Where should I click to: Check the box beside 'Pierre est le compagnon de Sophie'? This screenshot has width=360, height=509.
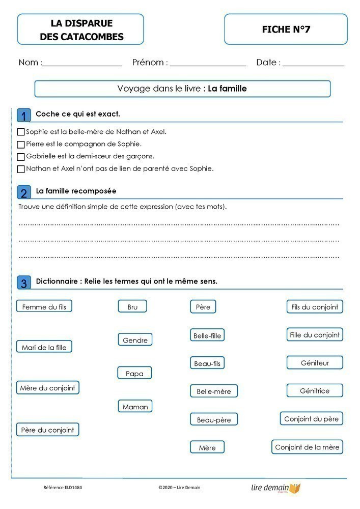pyautogui.click(x=21, y=145)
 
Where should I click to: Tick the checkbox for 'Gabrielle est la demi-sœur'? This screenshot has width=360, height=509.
pyautogui.click(x=21, y=157)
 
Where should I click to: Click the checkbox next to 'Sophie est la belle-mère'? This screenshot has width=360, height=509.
pyautogui.click(x=21, y=132)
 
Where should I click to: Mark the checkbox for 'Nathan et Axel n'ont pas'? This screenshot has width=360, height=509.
pyautogui.click(x=21, y=169)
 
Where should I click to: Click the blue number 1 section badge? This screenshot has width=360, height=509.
pyautogui.click(x=23, y=116)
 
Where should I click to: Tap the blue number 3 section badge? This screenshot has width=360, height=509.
pyautogui.click(x=23, y=283)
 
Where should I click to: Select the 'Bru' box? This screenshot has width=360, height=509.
pyautogui.click(x=132, y=306)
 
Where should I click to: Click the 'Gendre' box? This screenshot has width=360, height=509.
pyautogui.click(x=135, y=340)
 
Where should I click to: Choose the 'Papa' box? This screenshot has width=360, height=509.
pyautogui.click(x=134, y=373)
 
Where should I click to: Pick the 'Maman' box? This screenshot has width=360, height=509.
pyautogui.click(x=135, y=406)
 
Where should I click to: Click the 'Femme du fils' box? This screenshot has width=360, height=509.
pyautogui.click(x=44, y=306)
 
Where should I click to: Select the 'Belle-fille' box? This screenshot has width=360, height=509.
pyautogui.click(x=207, y=335)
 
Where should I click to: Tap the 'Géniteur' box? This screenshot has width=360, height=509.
pyautogui.click(x=315, y=363)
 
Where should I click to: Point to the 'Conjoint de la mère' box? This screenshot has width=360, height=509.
pyautogui.click(x=307, y=447)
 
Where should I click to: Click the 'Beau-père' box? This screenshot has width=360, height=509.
pyautogui.click(x=214, y=419)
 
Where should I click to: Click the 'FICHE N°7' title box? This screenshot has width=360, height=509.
pyautogui.click(x=286, y=30)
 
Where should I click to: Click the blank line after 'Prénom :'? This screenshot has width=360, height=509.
pyautogui.click(x=208, y=64)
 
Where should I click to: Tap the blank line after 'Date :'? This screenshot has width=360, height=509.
pyautogui.click(x=313, y=64)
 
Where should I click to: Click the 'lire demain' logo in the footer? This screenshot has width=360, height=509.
pyautogui.click(x=275, y=488)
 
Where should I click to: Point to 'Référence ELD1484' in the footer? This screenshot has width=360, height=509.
pyautogui.click(x=63, y=488)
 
